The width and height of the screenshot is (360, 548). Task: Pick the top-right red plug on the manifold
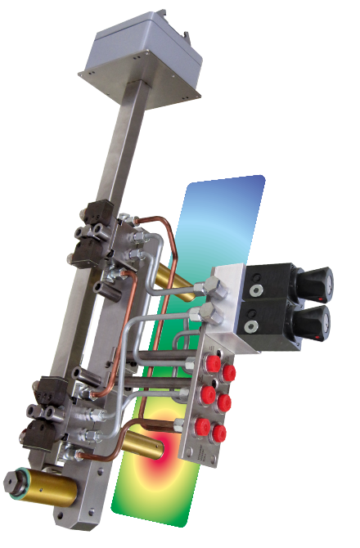[230, 373]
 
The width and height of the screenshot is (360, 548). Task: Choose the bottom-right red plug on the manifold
[217, 434]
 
